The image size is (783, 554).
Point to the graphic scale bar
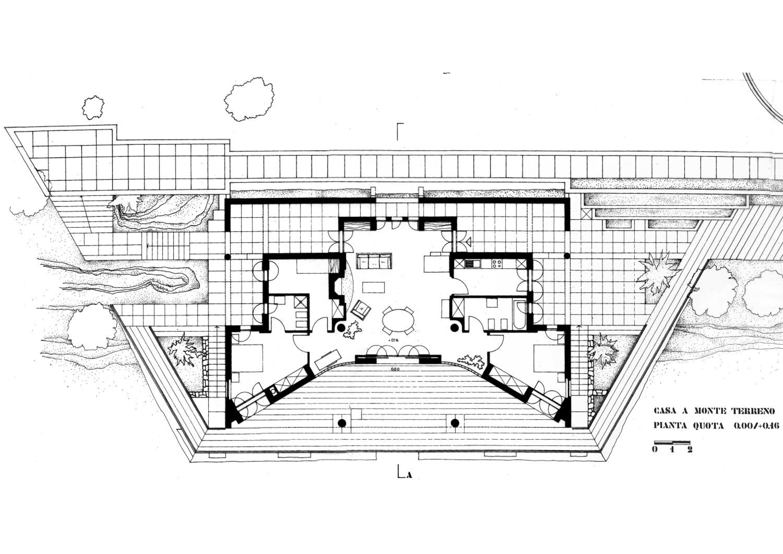672,443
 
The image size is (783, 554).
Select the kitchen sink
473,263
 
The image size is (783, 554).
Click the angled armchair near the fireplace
361,309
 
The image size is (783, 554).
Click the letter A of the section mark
409,475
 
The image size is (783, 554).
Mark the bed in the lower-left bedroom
249,358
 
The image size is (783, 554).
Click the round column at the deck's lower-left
341,423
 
